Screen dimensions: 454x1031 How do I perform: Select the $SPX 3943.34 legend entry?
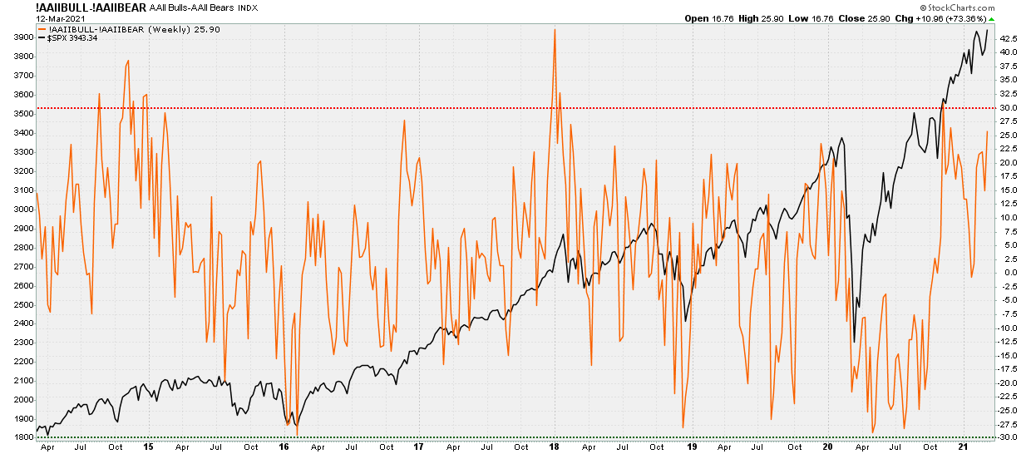[72, 38]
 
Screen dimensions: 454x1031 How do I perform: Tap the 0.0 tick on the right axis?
[1008, 273]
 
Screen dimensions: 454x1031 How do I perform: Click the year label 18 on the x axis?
[555, 447]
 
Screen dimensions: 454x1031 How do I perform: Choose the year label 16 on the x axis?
[284, 447]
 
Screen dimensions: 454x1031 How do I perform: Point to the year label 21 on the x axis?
[962, 447]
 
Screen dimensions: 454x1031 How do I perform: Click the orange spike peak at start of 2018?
[554, 30]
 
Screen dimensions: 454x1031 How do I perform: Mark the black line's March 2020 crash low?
[854, 341]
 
